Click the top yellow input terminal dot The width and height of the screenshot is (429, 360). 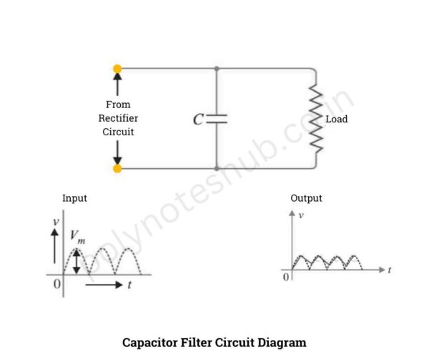[117, 69]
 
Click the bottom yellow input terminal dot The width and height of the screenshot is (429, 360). [117, 168]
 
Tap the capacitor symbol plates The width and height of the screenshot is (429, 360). [217, 119]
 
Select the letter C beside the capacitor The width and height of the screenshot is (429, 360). [199, 120]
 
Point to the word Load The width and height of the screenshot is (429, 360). [337, 119]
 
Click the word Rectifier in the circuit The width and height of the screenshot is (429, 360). [118, 118]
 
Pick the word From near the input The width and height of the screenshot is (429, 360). [118, 104]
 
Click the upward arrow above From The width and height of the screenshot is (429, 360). [117, 84]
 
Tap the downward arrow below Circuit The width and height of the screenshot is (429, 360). [117, 152]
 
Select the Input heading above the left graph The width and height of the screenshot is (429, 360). [74, 198]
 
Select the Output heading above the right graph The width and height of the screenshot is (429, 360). [306, 198]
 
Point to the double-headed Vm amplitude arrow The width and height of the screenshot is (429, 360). [77, 261]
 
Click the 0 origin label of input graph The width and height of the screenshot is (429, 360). [57, 283]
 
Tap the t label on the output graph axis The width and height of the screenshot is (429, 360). [389, 270]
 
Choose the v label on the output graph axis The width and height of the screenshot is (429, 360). [300, 215]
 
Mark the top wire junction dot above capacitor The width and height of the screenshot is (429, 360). [217, 69]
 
